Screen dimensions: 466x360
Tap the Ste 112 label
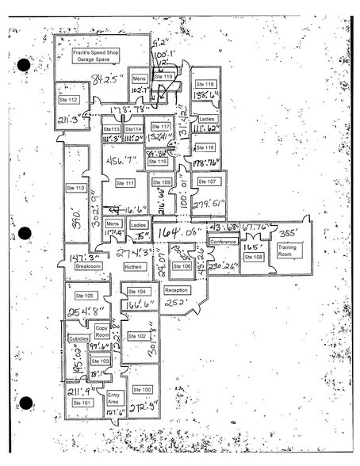click(x=67, y=100)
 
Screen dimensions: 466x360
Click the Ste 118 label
click(x=205, y=84)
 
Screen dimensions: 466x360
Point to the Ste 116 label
click(x=205, y=147)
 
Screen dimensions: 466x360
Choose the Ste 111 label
click(x=124, y=183)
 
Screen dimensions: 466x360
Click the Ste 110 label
click(x=75, y=188)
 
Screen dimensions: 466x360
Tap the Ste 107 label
click(x=206, y=181)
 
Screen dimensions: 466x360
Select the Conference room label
click(x=223, y=241)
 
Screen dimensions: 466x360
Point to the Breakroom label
click(x=88, y=266)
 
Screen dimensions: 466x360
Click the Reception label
click(x=175, y=290)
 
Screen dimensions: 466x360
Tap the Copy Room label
click(x=101, y=330)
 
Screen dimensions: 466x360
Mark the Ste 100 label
click(x=142, y=389)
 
